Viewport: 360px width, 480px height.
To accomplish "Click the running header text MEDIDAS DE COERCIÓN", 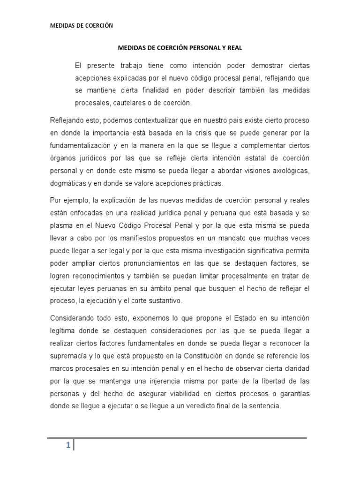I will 82,26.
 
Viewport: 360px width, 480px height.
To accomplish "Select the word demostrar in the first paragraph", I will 263,65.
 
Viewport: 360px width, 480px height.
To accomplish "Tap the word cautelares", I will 124,103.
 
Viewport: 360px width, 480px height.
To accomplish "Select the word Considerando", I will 73,318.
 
